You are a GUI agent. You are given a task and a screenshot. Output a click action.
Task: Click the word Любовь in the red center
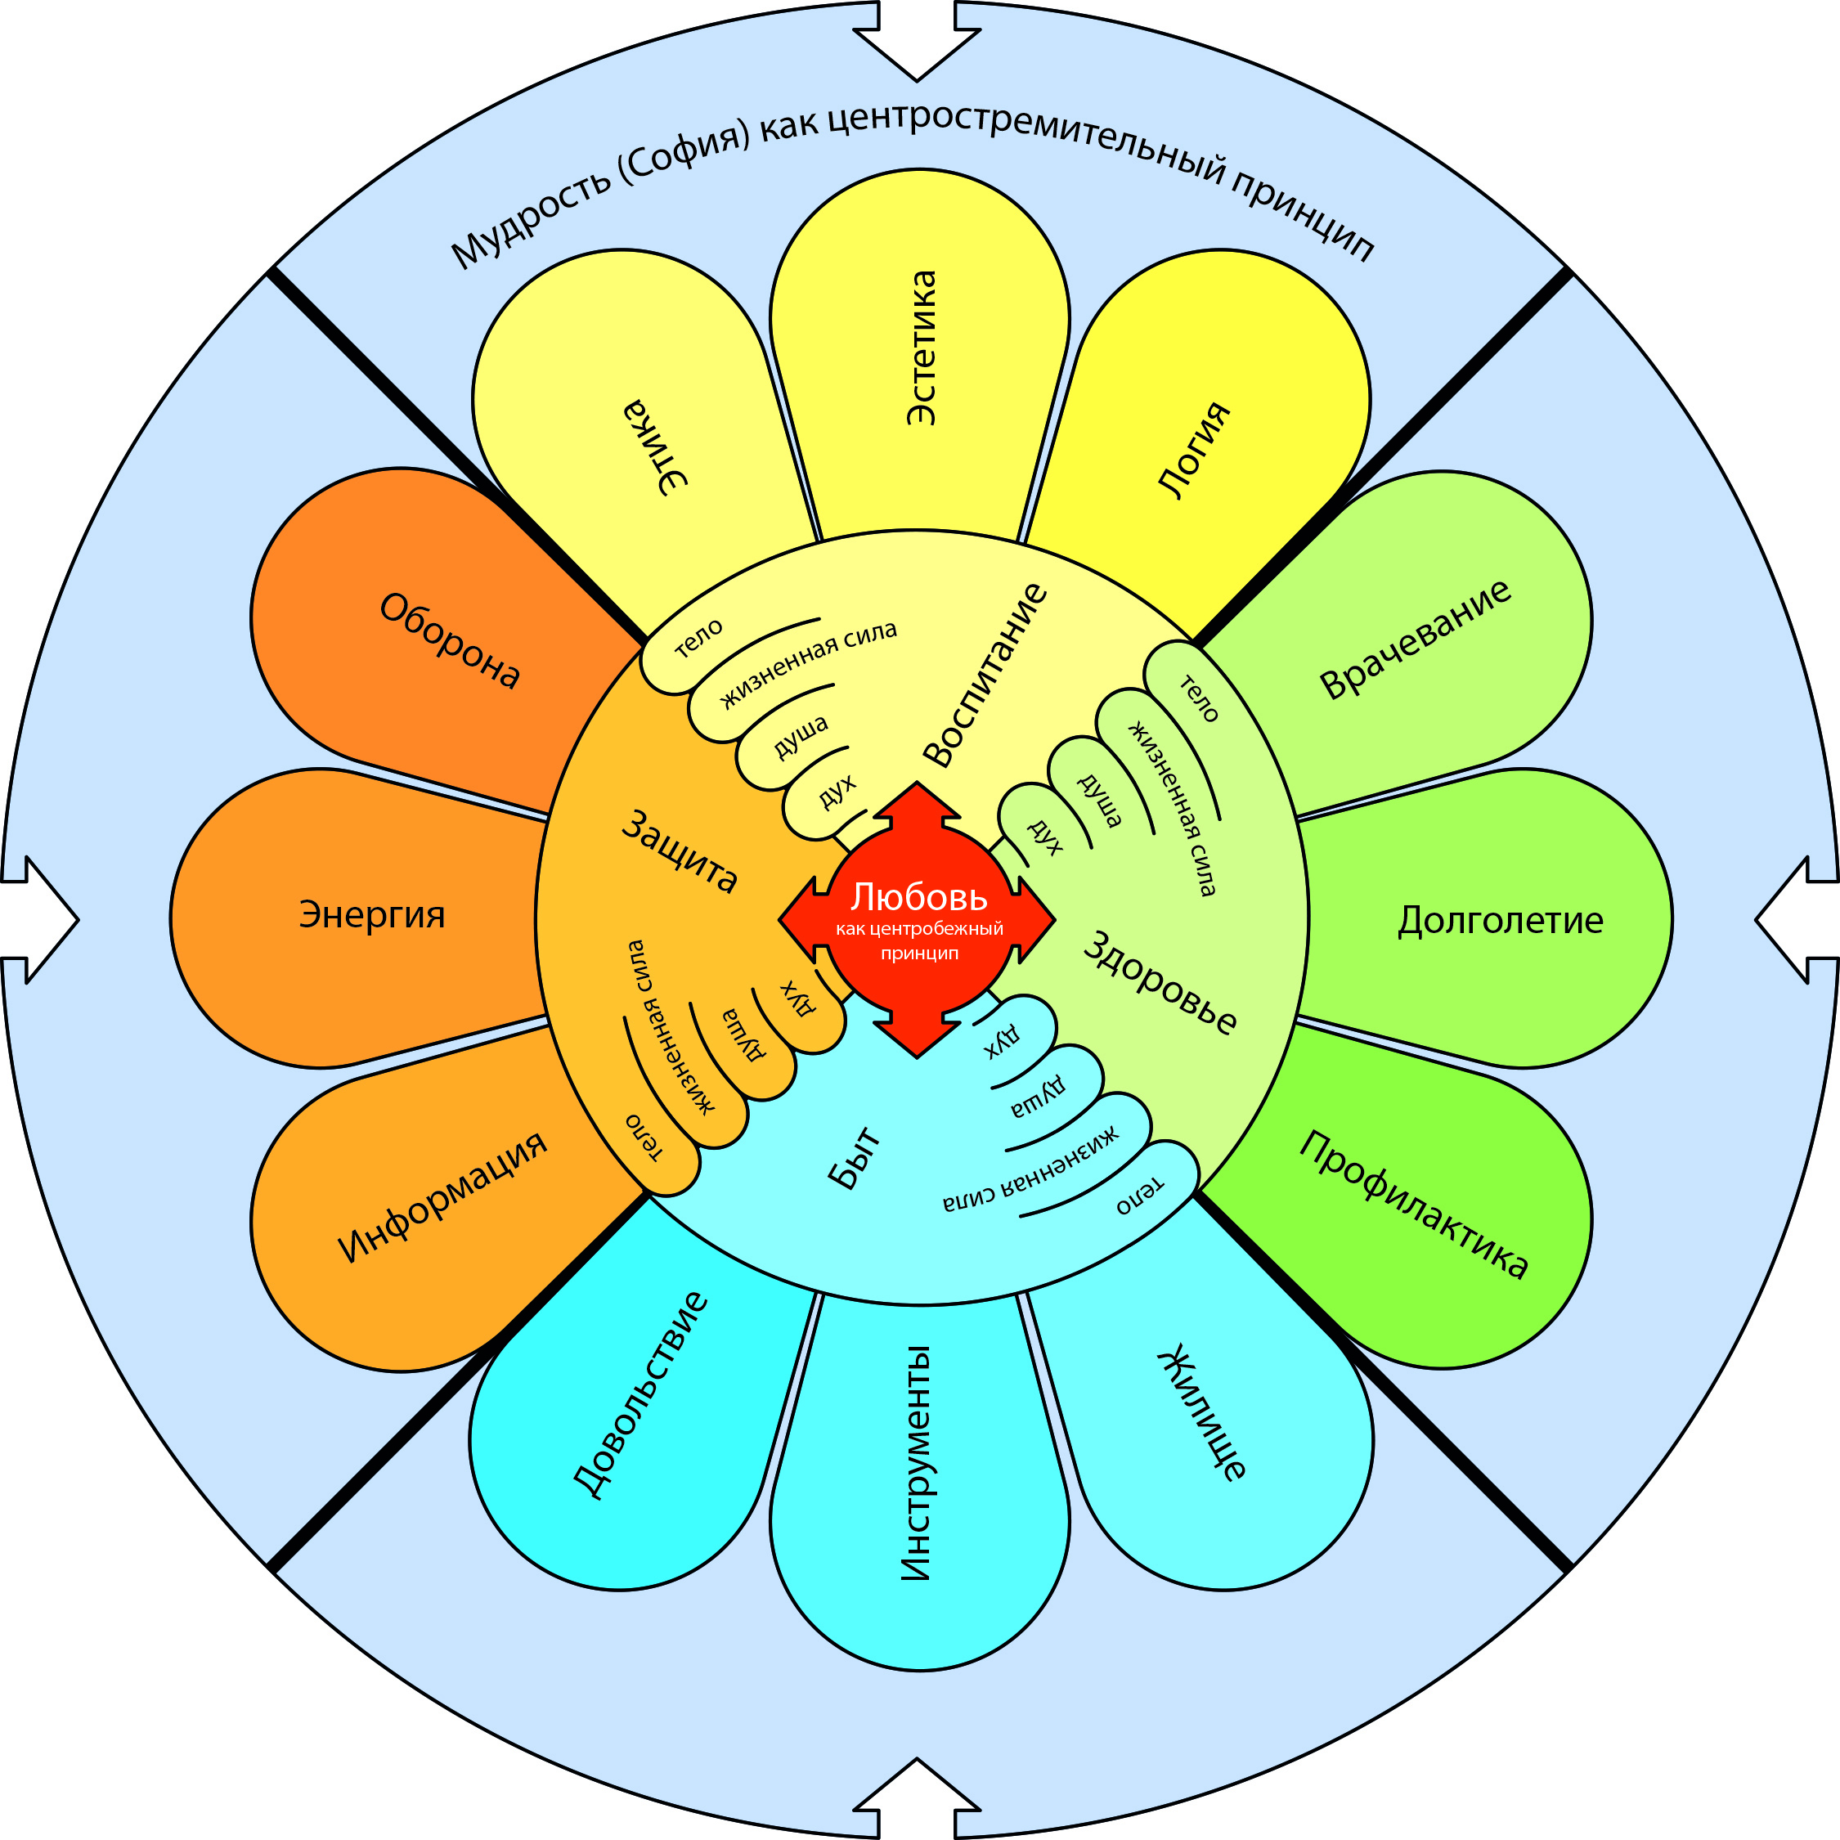coord(919,897)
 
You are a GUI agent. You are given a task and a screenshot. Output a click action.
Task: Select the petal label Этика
coord(655,447)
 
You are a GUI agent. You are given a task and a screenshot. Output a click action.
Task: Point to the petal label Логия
coord(1194,450)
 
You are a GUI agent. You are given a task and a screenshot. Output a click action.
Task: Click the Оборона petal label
coord(450,640)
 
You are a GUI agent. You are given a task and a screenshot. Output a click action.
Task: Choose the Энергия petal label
coord(372,914)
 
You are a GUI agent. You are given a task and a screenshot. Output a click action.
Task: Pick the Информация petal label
coord(443,1196)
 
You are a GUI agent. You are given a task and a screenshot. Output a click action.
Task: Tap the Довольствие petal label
coord(641,1395)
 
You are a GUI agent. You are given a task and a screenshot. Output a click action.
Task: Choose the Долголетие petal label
coord(1500,921)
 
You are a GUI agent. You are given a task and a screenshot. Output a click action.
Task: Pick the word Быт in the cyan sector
coord(855,1159)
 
